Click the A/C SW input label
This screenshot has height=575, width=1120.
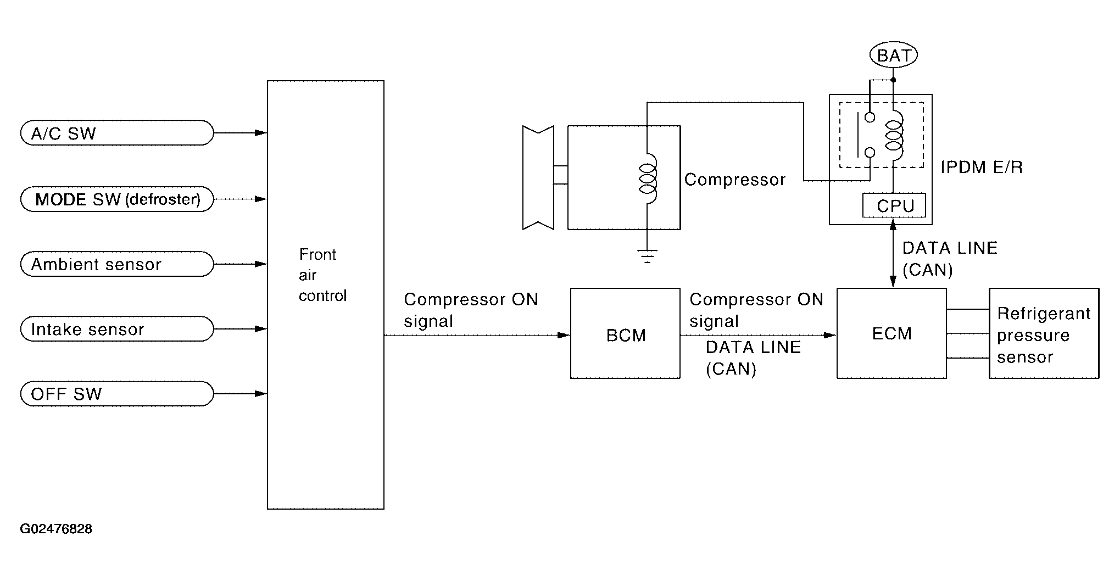pos(116,133)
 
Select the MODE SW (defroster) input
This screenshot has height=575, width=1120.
pos(116,199)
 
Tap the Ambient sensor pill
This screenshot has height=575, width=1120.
pos(116,264)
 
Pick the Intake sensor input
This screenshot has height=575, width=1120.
pos(116,329)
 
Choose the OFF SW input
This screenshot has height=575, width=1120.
pos(116,394)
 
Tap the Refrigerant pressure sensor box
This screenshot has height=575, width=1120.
pos(1044,333)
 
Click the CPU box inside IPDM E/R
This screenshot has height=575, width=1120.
pos(894,205)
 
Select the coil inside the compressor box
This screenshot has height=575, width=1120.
pos(648,178)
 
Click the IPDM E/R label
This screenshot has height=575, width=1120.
pos(982,167)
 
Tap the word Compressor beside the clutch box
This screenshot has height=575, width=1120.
pos(735,180)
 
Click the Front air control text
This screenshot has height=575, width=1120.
pos(323,275)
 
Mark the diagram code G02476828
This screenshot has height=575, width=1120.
pos(56,529)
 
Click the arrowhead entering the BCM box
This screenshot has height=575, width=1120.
pos(564,335)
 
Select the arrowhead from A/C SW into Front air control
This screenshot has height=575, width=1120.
pos(261,133)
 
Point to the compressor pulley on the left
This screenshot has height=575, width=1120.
pos(538,177)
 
